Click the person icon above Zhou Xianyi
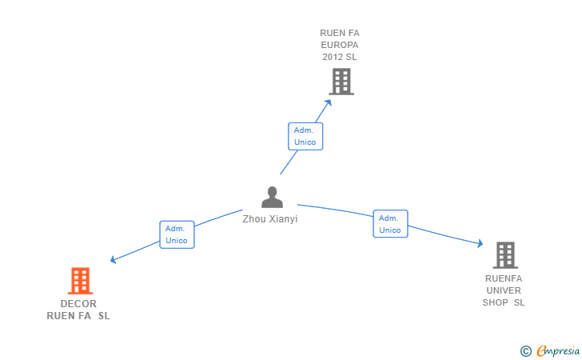272,197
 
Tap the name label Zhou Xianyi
270,219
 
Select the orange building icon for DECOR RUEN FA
80,281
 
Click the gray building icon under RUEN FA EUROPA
341,82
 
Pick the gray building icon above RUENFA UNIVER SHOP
505,255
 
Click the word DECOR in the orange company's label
78,304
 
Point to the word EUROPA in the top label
340,45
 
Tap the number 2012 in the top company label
332,57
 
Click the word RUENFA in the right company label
504,278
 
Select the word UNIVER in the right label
504,290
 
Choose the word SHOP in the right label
495,302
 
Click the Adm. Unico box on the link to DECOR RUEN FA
177,234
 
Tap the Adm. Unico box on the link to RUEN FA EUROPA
305,136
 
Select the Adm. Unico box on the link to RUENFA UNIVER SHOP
390,224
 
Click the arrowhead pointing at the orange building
114,260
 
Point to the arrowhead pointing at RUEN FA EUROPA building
328,102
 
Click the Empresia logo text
558,350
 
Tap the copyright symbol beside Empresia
526,351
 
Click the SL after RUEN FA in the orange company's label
104,316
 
